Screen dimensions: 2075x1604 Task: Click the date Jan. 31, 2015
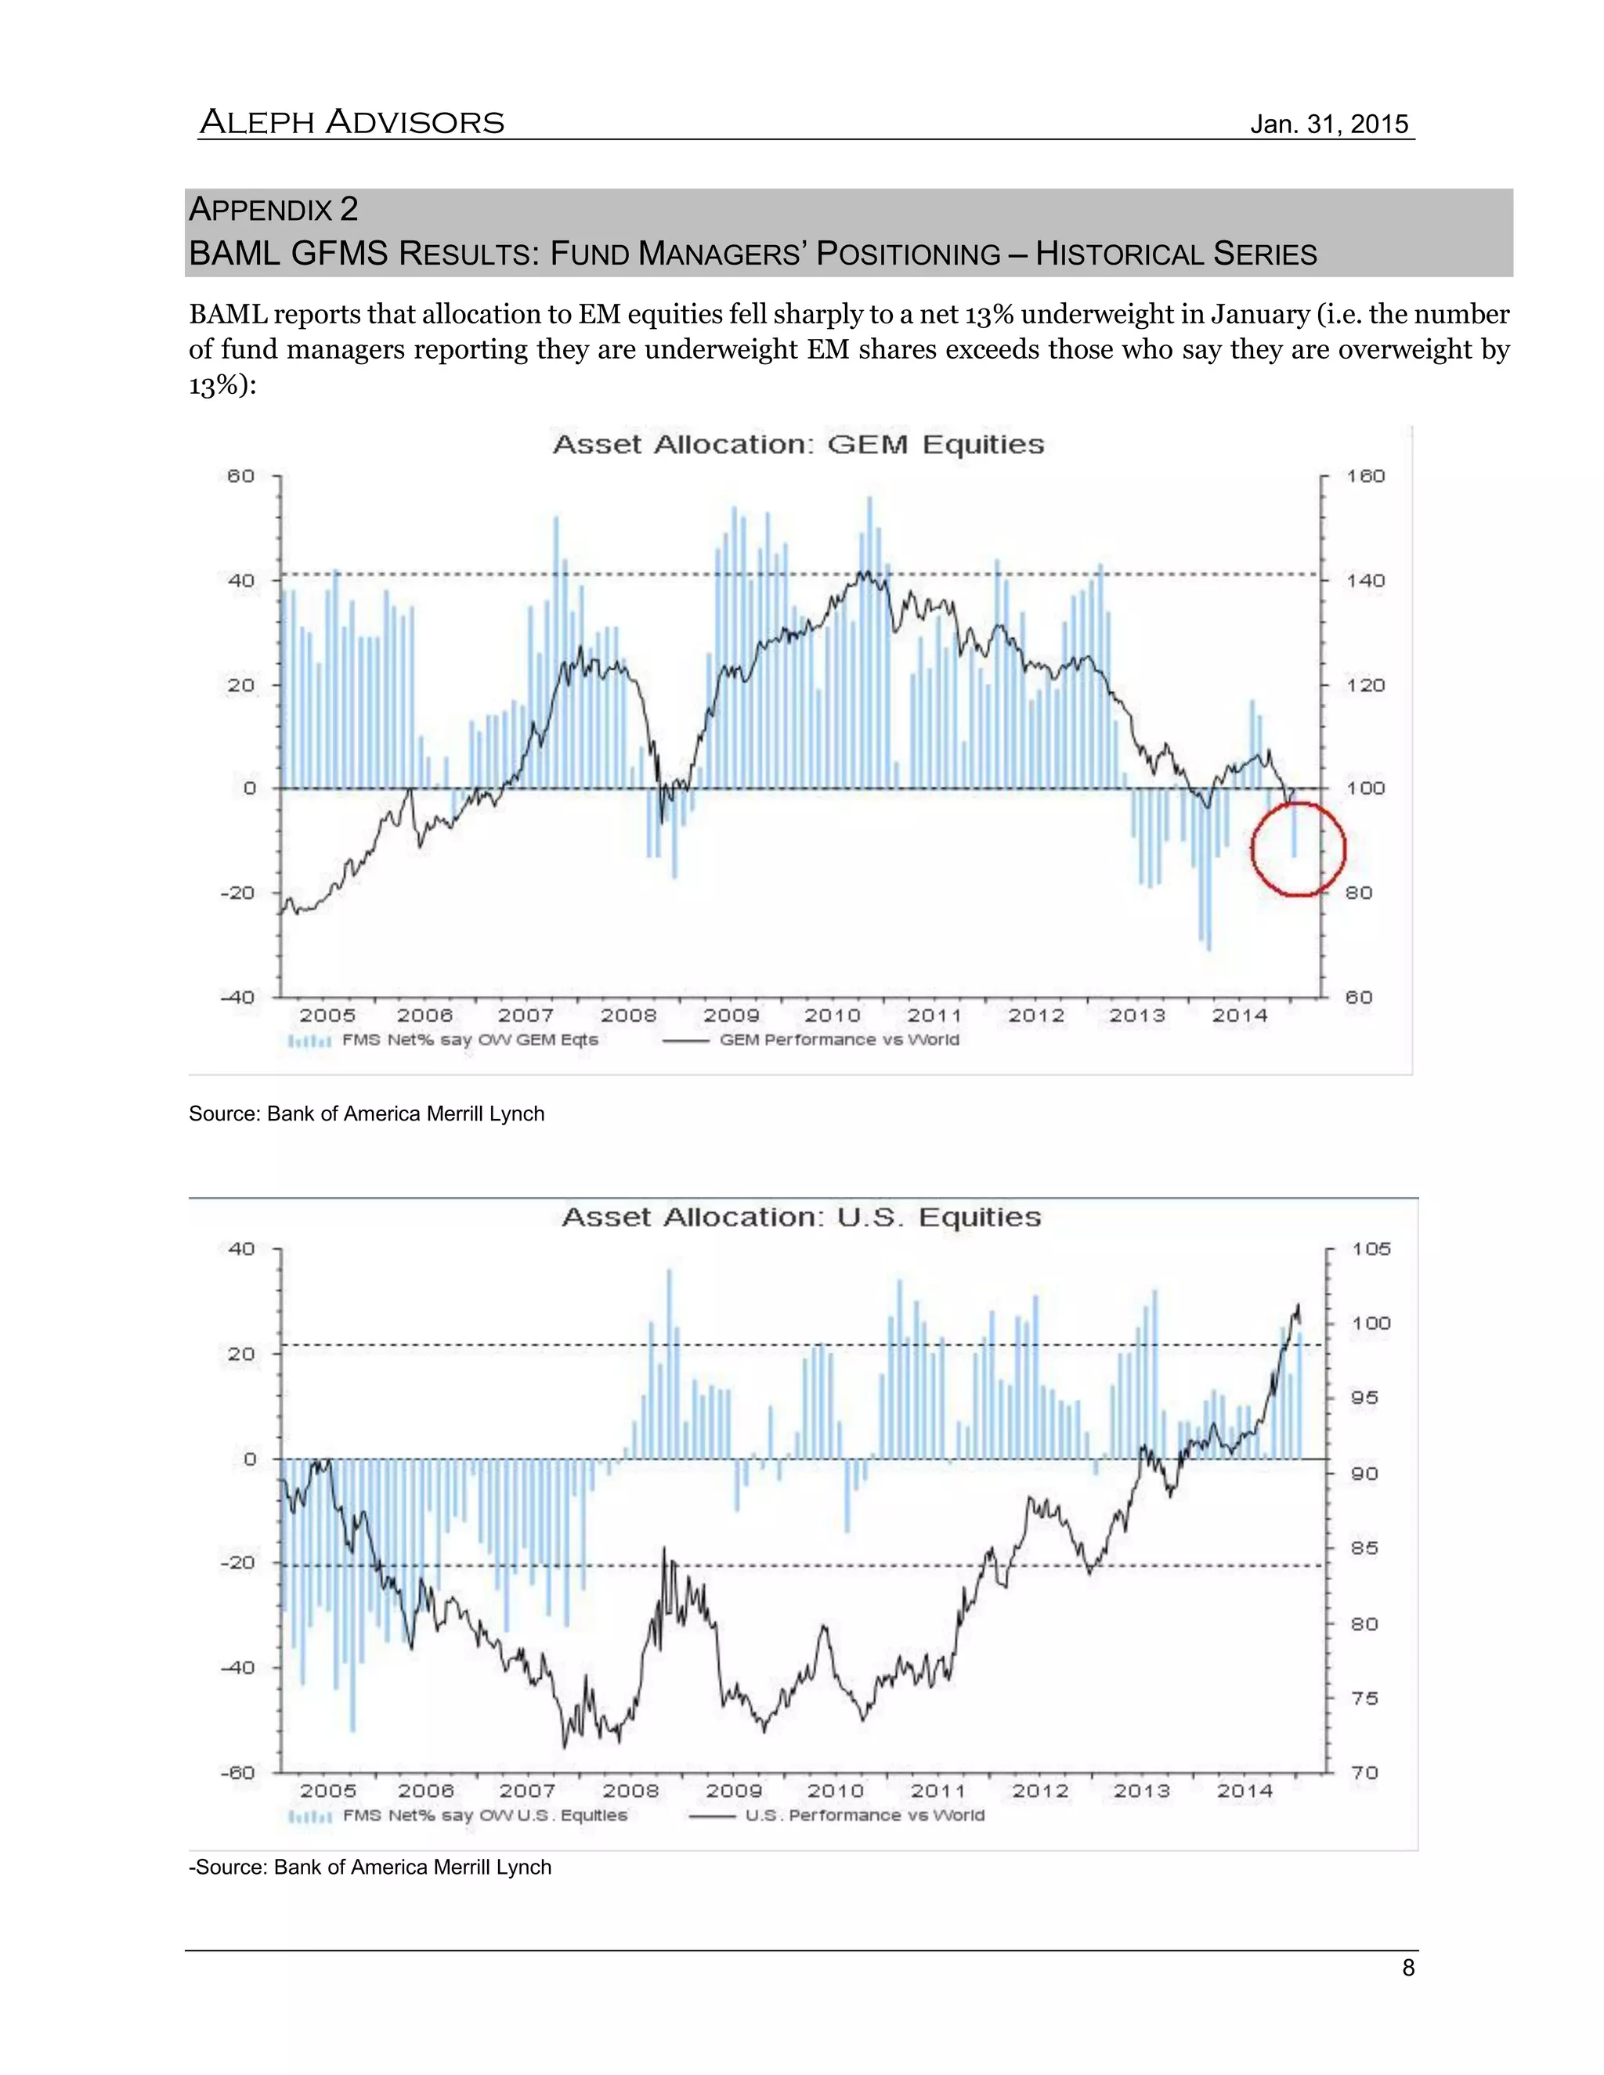(1328, 125)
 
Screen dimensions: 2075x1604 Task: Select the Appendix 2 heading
(273, 209)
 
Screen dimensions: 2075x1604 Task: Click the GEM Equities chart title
(798, 445)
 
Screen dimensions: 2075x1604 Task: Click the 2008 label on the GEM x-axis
(628, 1015)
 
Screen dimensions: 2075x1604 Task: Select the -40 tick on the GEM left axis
(239, 997)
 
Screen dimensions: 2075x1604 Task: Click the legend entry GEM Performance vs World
(839, 1039)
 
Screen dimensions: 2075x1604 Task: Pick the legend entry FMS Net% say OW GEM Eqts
(469, 1039)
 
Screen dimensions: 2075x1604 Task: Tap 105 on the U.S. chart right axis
(1371, 1248)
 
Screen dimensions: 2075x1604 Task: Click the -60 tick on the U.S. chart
(239, 1773)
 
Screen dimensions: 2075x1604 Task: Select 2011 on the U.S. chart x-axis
(937, 1791)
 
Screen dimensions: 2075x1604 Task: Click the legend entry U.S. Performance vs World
(864, 1816)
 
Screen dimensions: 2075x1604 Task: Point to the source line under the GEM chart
(367, 1113)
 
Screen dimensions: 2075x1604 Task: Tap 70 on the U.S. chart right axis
(1364, 1773)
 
